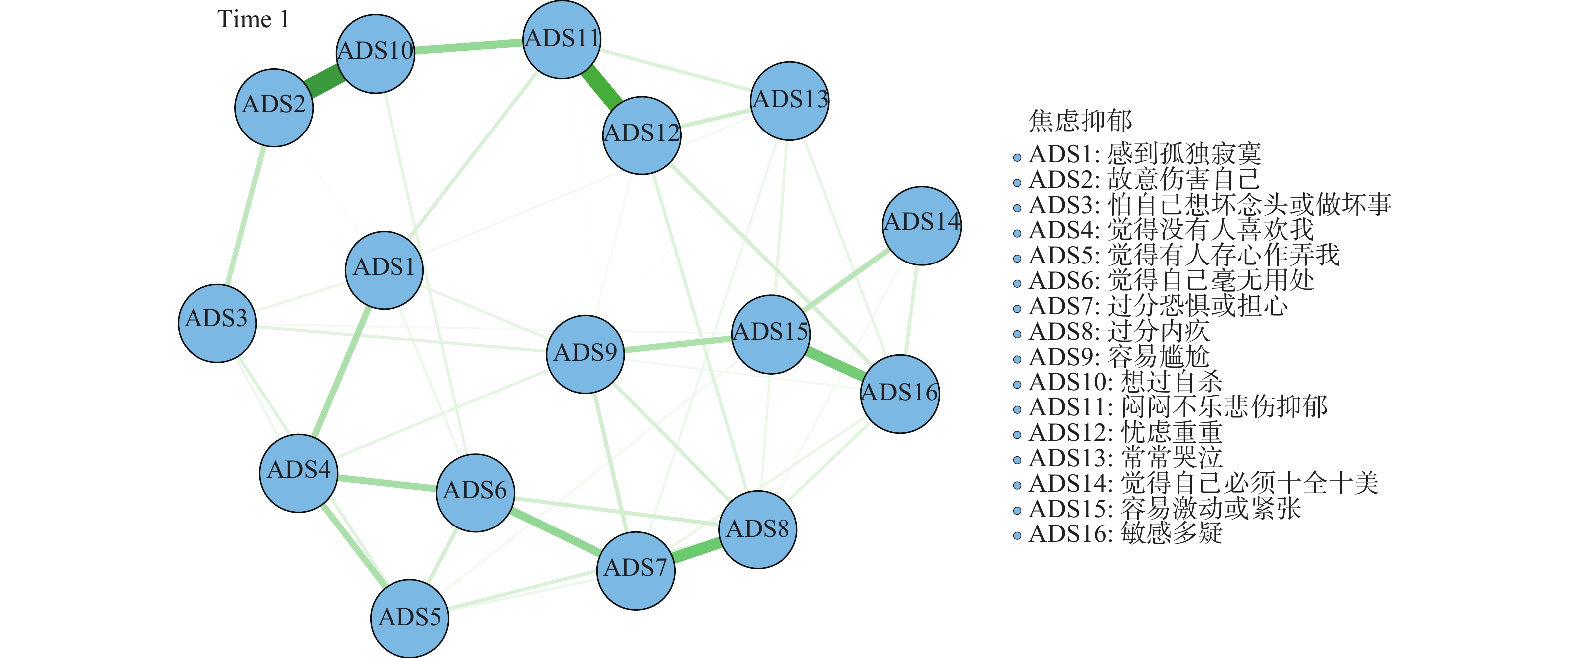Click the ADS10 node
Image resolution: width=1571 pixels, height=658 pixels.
pyautogui.click(x=376, y=54)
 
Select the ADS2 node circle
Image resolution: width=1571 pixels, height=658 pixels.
pyautogui.click(x=274, y=107)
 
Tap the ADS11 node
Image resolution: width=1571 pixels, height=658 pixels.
pyautogui.click(x=562, y=40)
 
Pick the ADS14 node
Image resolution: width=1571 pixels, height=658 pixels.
pyautogui.click(x=922, y=226)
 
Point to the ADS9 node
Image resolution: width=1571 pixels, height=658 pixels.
pyautogui.click(x=586, y=354)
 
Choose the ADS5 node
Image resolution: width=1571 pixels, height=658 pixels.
pyautogui.click(x=410, y=618)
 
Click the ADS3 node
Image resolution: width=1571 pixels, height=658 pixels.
pyautogui.click(x=217, y=323)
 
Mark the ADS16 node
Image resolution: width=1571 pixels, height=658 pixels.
pyautogui.click(x=900, y=394)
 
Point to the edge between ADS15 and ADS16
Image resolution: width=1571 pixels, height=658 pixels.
pyautogui.click(x=835, y=363)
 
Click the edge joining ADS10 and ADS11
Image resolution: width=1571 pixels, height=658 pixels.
pyautogui.click(x=468, y=46)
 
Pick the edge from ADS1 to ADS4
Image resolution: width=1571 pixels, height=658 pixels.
pyautogui.click(x=342, y=372)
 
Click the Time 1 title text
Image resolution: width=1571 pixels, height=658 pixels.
pyautogui.click(x=253, y=19)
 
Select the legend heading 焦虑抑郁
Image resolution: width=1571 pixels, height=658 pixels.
pyautogui.click(x=1080, y=120)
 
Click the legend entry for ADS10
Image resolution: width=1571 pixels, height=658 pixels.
pyautogui.click(x=1125, y=382)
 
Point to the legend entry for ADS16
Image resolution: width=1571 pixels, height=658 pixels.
pyautogui.click(x=1125, y=533)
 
